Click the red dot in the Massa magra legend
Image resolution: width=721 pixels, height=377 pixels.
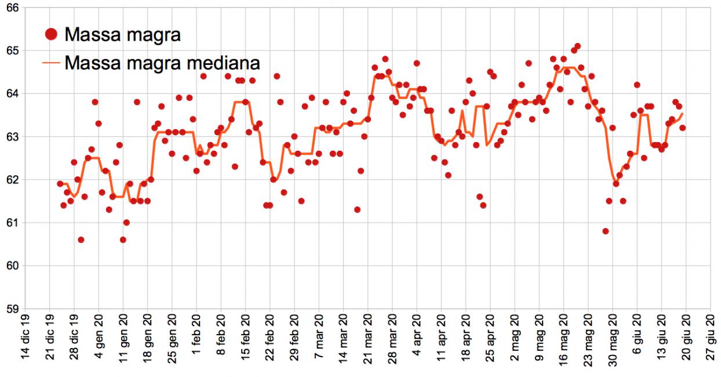click(51, 35)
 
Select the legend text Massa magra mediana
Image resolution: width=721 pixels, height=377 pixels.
click(162, 62)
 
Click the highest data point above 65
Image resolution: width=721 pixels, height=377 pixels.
click(577, 46)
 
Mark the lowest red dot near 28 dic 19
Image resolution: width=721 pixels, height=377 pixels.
click(81, 240)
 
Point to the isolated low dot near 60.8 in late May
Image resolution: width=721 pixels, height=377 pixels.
click(606, 231)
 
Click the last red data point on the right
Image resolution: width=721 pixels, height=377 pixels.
click(683, 128)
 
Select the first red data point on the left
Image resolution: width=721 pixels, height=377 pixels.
click(60, 183)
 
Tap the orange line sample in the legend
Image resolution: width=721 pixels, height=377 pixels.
click(51, 62)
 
